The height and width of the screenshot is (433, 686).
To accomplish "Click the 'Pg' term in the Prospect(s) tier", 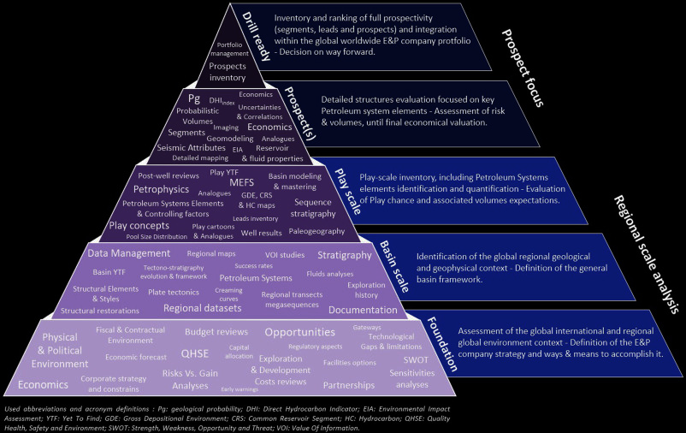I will coord(194,100).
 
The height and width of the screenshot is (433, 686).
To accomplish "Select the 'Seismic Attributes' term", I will coord(190,147).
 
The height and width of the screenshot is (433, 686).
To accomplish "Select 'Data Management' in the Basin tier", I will coord(129,253).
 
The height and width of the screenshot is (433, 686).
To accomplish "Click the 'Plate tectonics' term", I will coord(174,292).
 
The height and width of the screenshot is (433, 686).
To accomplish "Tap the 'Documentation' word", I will coord(363,310).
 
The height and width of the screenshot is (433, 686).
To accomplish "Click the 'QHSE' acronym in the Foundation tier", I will coord(194,353).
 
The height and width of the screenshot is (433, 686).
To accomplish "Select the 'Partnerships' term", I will coord(349,385).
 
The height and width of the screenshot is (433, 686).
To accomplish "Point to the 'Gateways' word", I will coord(367,327).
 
